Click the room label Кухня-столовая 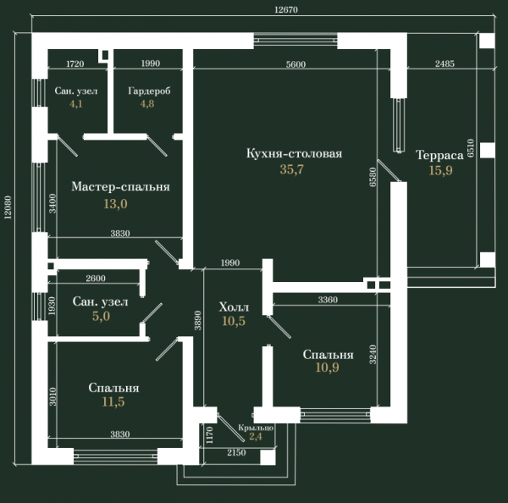tap(294, 153)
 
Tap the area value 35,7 tap(292, 169)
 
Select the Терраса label tap(439, 155)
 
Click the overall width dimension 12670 tap(286, 9)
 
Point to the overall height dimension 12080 tap(8, 207)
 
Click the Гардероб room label tap(149, 91)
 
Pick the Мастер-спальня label tap(120, 186)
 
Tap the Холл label tap(234, 307)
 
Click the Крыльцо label tap(256, 428)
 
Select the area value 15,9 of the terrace tap(440, 170)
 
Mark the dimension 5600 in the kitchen tap(295, 64)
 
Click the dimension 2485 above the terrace tap(444, 64)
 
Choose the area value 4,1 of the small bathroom tap(76, 104)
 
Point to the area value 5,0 tap(101, 316)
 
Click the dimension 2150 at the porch tap(236, 452)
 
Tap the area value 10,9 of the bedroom tap(327, 368)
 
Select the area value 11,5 tap(113, 402)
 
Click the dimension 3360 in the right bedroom tap(328, 300)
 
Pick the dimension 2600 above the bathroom tap(96, 278)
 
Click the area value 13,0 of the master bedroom tap(115, 204)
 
